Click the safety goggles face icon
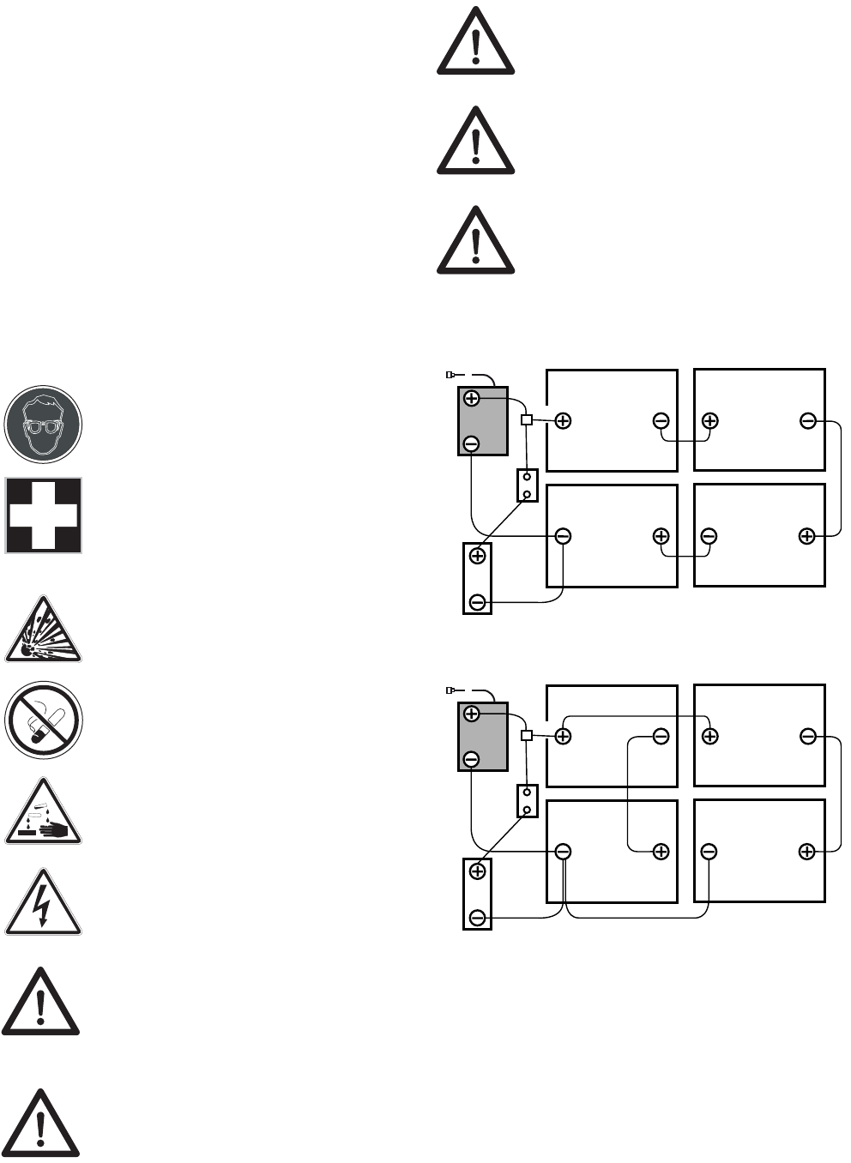43,424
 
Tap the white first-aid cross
43,515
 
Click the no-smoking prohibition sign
43,720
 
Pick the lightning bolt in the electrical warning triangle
43,905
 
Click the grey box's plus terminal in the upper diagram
471,399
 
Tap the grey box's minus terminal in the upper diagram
471,443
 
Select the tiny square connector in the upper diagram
527,420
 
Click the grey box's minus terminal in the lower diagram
471,759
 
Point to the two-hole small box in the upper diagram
527,485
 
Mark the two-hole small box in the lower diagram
527,801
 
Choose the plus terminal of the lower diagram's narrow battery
478,871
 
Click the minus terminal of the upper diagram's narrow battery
478,602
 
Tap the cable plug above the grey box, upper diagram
450,375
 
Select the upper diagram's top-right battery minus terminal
807,420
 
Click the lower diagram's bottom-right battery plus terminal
806,852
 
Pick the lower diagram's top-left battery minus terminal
661,736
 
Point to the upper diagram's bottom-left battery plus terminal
661,536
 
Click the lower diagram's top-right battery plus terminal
709,736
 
